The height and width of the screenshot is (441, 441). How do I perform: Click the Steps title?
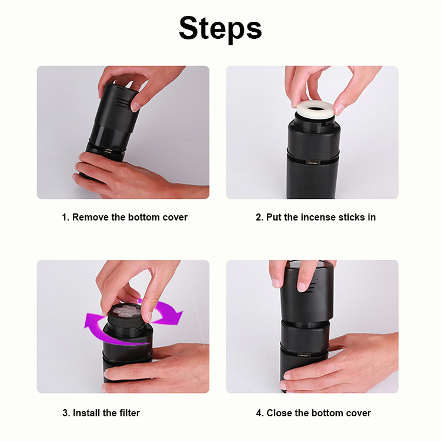[x=220, y=29]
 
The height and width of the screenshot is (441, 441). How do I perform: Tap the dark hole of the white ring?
[x=316, y=109]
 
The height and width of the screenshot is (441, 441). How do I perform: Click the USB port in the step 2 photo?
[x=312, y=162]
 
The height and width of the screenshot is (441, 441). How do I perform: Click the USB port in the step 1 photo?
[x=108, y=151]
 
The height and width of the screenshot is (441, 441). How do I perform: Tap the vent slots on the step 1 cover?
[x=123, y=103]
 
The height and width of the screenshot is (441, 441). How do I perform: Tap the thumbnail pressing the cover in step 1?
[x=136, y=106]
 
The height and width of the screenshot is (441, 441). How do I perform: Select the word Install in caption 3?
[x=86, y=413]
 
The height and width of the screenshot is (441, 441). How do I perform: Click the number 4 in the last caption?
[x=259, y=413]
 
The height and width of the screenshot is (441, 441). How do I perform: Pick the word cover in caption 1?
[x=175, y=217]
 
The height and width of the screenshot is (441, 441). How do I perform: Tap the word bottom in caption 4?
[x=327, y=413]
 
